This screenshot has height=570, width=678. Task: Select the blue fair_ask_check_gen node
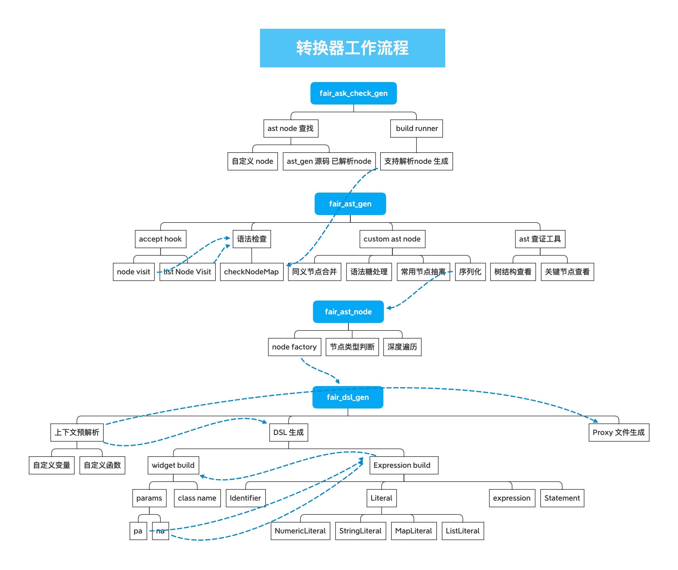[353, 93]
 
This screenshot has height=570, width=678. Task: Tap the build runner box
[416, 128]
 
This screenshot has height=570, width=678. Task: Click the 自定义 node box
[253, 161]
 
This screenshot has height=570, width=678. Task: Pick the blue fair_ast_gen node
[350, 204]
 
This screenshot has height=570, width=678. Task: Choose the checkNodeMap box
[251, 272]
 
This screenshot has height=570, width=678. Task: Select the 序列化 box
[470, 272]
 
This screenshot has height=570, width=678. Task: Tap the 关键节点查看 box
[567, 272]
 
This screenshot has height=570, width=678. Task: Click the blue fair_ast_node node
[348, 311]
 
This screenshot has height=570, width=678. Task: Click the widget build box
[173, 465]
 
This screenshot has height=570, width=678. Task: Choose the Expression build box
[404, 465]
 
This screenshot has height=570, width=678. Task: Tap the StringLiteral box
[361, 531]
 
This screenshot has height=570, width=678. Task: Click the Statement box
[562, 498]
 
